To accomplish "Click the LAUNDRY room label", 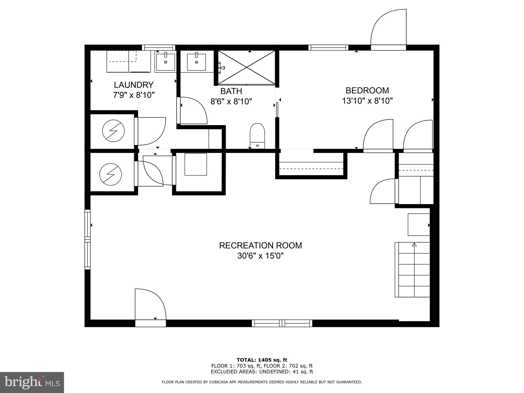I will tap(134, 85).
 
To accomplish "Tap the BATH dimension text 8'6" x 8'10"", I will tap(231, 102).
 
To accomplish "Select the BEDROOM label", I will tap(367, 90).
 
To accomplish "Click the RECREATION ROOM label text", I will tap(260, 245).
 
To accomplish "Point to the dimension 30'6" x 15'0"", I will tap(260, 256).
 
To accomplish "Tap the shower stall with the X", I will tap(246, 67).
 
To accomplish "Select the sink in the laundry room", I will tap(166, 62).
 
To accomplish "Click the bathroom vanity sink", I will tap(196, 62).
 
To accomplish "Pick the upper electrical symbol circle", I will tap(113, 131).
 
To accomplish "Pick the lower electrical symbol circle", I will tap(111, 174).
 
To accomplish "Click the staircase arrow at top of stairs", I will tap(414, 245).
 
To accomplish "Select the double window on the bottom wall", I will tap(282, 323).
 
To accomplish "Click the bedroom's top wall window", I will tap(328, 47).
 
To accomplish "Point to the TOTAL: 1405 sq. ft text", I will tap(262, 360).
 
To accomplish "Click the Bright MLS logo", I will tap(32, 383).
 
